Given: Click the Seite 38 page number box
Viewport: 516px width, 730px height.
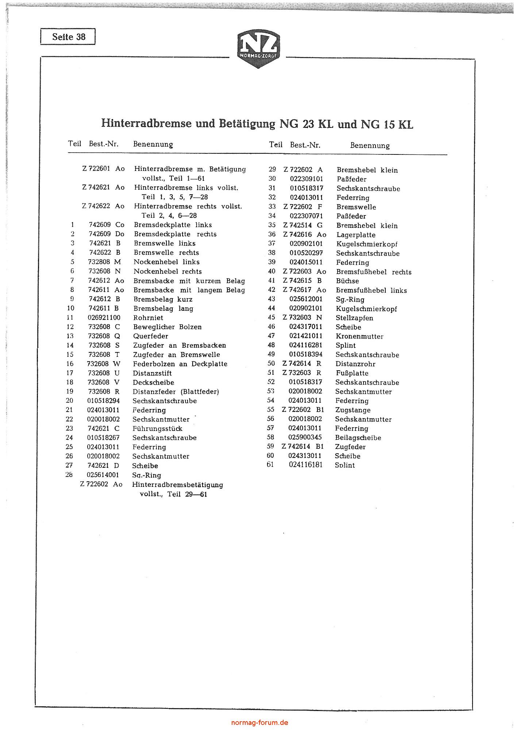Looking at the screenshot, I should [x=68, y=37].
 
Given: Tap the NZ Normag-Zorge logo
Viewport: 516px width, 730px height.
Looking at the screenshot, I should [x=258, y=49].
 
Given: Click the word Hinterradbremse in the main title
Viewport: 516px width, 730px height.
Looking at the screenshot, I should [x=146, y=123].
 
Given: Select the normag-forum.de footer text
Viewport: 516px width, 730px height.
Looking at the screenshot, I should [x=260, y=722].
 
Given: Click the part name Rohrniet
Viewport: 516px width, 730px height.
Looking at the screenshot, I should [x=148, y=318].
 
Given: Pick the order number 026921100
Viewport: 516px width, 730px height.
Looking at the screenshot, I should [x=104, y=318].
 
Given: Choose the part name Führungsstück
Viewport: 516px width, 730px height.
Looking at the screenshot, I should [x=157, y=428].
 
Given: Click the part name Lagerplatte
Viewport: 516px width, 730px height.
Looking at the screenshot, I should [x=356, y=235].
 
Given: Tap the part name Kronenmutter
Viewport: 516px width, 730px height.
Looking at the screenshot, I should [x=359, y=336].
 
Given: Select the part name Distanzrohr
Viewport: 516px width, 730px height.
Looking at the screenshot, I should [x=355, y=364].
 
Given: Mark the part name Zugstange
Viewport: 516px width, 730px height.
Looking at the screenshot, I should [x=353, y=410].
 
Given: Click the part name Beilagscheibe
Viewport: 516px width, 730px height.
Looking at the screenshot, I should [x=358, y=437].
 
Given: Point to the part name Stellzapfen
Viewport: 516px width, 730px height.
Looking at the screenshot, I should [x=354, y=318].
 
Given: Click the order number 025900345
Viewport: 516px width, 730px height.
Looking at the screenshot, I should [x=305, y=437].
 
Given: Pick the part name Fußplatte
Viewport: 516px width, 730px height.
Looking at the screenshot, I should [x=352, y=373].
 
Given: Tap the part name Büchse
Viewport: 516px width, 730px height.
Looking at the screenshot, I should [x=347, y=281].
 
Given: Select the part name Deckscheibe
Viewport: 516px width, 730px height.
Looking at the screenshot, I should [x=154, y=382].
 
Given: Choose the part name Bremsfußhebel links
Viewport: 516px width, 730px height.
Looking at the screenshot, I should [x=371, y=290].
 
